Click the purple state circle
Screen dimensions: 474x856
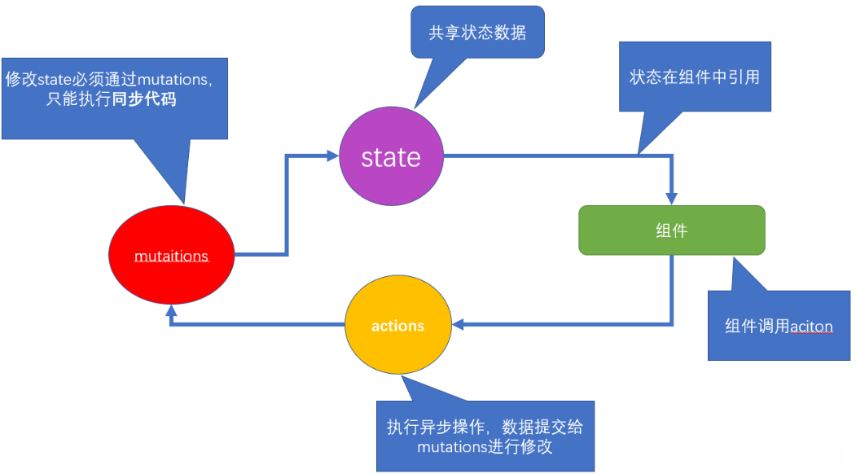coord(391,156)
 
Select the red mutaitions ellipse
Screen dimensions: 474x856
coord(171,256)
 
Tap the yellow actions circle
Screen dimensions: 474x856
coord(397,326)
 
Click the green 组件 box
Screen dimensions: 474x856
coord(672,230)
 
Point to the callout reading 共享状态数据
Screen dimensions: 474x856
coord(477,33)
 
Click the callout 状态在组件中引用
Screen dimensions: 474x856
coord(695,77)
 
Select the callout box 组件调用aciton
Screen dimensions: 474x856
coord(779,327)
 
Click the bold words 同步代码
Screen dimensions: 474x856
coord(147,99)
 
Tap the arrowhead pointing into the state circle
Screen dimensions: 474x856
coord(332,156)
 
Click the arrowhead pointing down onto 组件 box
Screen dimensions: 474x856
coord(672,198)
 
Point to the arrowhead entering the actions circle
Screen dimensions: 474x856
coord(457,324)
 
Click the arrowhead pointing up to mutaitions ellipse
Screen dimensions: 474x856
coord(171,312)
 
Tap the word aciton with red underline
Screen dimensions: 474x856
coord(812,327)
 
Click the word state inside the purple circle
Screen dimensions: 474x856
coord(391,156)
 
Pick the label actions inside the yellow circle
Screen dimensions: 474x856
coord(397,326)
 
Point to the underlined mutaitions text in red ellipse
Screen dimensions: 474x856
coord(171,257)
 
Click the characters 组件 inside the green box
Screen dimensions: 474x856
coord(672,230)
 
